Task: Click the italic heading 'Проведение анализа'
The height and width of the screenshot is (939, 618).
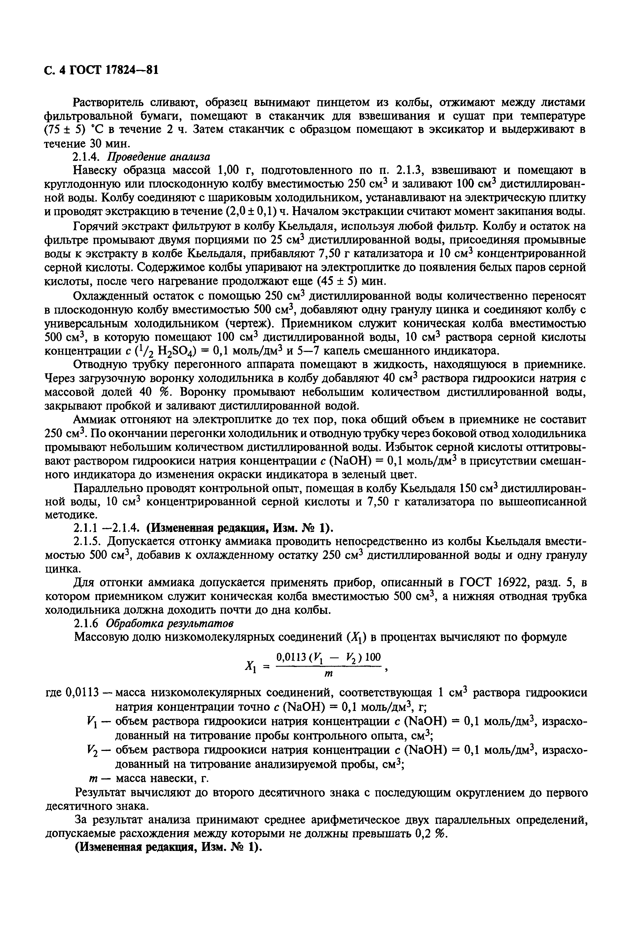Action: [159, 157]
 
